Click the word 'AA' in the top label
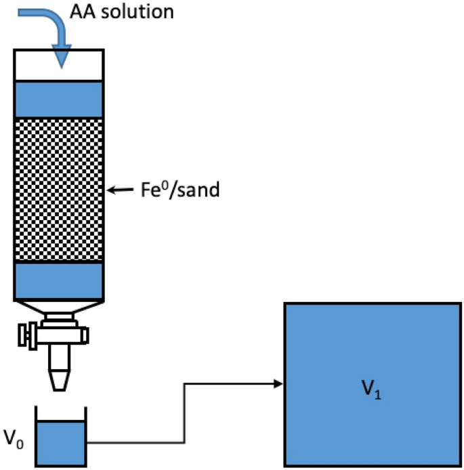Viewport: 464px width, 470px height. (x=83, y=12)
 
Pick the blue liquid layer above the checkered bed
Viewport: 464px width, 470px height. (x=59, y=99)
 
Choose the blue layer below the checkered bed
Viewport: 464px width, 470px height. (x=59, y=280)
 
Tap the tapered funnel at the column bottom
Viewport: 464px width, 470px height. (x=59, y=307)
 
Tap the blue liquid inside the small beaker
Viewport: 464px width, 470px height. (x=60, y=443)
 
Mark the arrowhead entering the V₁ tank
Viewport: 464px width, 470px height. (x=278, y=384)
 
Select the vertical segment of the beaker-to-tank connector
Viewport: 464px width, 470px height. (x=185, y=413)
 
